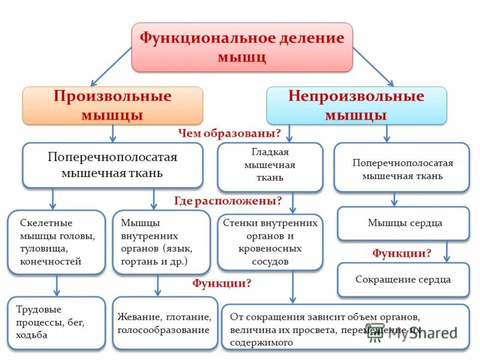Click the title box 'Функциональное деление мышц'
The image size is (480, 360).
coord(242,47)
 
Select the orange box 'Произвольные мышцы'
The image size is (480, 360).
coord(113,106)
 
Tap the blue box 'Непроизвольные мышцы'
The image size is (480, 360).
coord(356,106)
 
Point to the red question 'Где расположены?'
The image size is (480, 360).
coord(229,200)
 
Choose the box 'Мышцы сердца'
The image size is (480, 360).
coord(403,223)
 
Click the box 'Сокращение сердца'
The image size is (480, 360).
coord(403,280)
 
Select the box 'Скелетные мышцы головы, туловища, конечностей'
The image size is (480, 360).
coord(56,242)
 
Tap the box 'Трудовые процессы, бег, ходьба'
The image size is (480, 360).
coord(56,323)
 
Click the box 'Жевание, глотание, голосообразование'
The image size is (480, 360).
coord(165,323)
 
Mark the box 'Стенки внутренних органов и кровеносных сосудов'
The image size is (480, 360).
coord(270,242)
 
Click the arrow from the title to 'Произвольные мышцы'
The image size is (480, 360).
coord(110,67)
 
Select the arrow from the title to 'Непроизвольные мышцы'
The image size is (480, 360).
coord(373,67)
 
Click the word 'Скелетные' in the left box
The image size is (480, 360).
coord(43,222)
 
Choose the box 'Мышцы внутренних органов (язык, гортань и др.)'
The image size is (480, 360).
coord(157,242)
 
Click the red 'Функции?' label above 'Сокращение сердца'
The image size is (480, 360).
coord(401,253)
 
